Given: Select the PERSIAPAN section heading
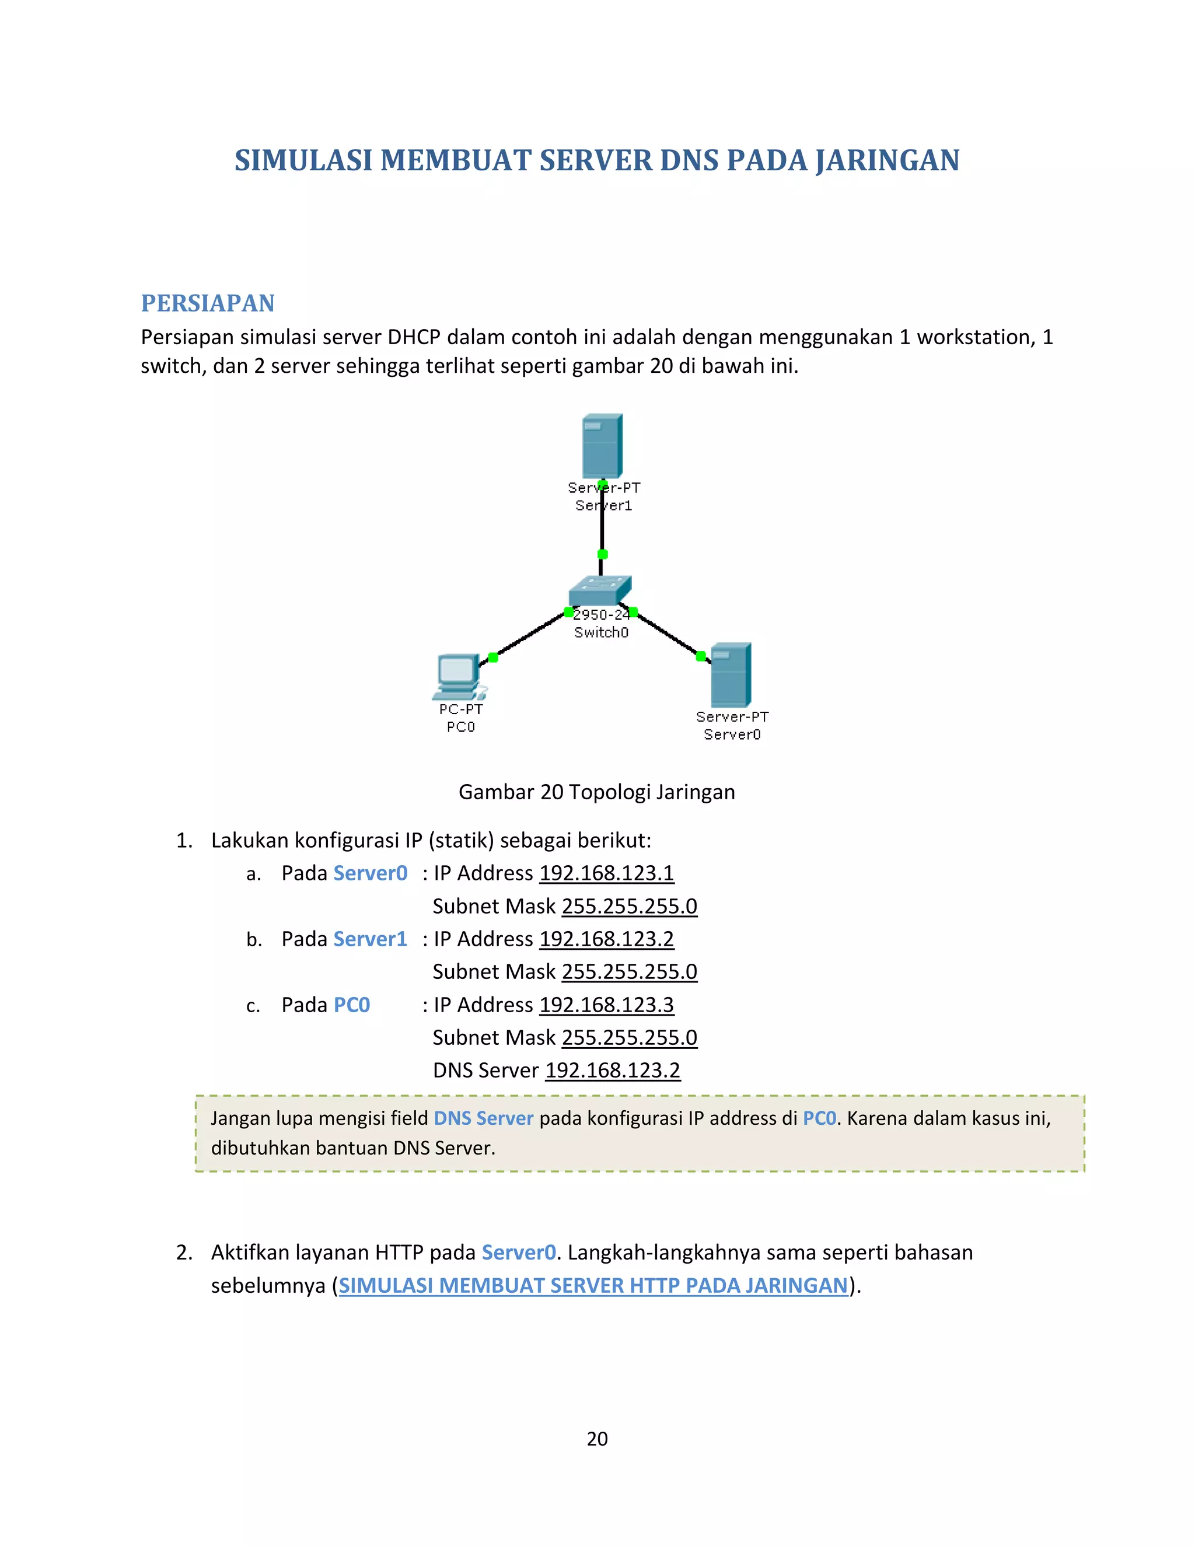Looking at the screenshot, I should click(207, 303).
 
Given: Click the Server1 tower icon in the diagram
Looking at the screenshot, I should click(602, 446).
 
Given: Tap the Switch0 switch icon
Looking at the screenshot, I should click(600, 590).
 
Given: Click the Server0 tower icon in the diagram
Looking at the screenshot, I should click(730, 674).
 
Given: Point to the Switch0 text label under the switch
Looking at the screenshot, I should click(601, 632).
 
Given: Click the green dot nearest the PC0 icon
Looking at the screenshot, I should click(494, 657).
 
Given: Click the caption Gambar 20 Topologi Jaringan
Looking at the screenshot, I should click(597, 792).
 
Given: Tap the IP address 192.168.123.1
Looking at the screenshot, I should click(606, 873).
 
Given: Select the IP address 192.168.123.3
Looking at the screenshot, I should click(606, 1005).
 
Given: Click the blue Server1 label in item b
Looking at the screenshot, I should click(371, 939).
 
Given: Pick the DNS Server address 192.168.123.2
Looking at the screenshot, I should click(612, 1071).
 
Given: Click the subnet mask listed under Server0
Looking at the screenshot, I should click(630, 907).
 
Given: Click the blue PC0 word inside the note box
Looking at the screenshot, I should click(819, 1118).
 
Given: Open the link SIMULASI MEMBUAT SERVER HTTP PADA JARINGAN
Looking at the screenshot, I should click(593, 1285).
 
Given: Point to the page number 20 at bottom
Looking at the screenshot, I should click(597, 1439).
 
